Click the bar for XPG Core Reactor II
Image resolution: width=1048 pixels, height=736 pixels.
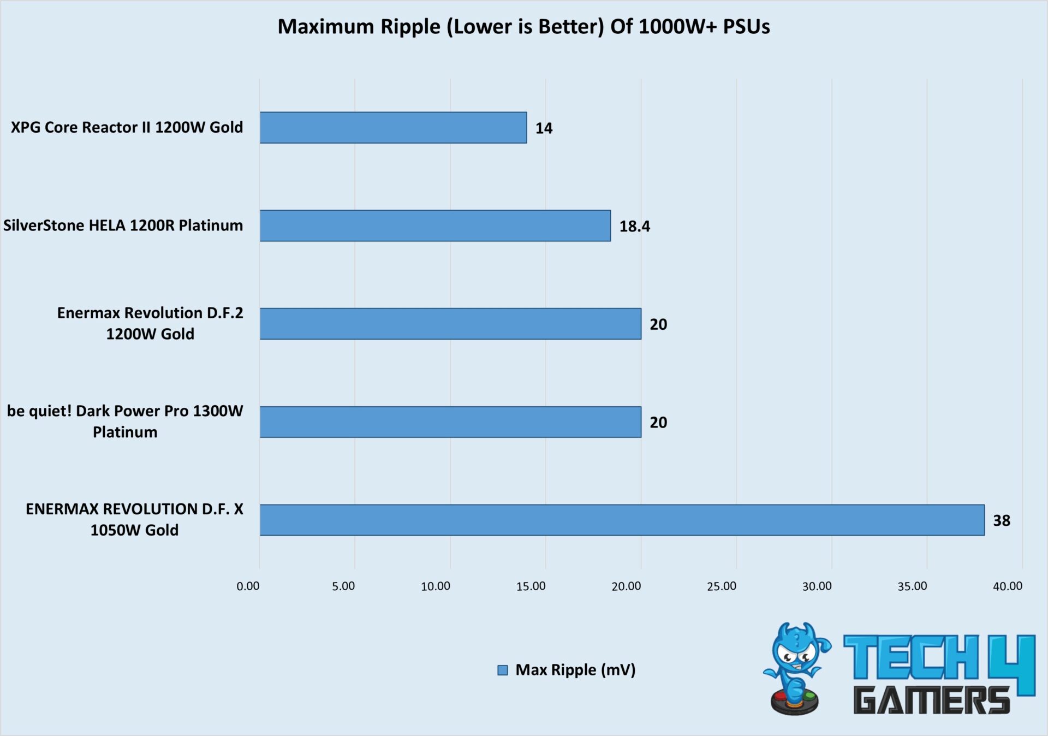tap(393, 128)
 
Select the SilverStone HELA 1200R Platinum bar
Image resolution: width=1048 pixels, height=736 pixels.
tap(435, 225)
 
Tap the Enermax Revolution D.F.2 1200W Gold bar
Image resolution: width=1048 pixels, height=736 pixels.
tap(450, 324)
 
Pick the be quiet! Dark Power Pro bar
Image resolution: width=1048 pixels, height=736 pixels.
tap(450, 422)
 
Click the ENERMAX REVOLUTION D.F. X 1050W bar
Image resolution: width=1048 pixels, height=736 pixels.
tap(622, 520)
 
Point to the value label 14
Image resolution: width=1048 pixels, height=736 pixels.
tap(544, 128)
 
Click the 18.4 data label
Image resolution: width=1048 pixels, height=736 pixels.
tap(634, 226)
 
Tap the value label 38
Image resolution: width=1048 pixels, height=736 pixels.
tap(1001, 520)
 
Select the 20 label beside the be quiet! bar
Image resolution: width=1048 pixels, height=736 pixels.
tap(658, 423)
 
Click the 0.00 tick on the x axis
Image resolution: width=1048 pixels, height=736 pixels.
tap(248, 586)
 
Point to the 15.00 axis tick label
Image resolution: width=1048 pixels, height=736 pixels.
tap(531, 586)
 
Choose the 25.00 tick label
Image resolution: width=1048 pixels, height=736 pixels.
tap(721, 586)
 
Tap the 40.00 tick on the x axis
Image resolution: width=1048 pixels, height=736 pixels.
tap(1007, 586)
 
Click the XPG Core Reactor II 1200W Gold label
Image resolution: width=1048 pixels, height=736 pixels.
tap(127, 127)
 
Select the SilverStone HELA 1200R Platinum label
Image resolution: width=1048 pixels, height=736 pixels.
tap(123, 225)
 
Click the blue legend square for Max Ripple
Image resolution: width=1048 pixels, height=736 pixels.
tap(503, 670)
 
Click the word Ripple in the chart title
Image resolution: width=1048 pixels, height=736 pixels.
tap(410, 27)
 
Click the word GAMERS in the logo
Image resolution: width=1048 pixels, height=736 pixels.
tap(931, 701)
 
